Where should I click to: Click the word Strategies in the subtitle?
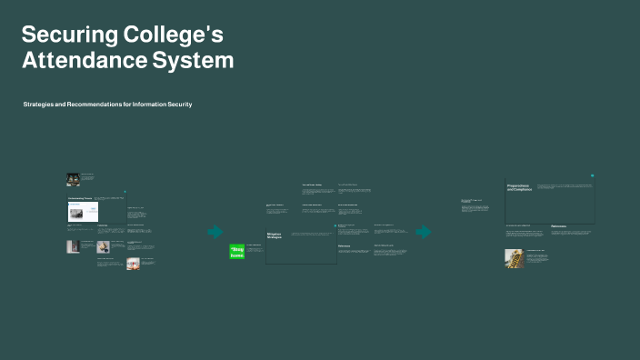pyautogui.click(x=41, y=105)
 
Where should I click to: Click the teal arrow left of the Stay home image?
pyautogui.click(x=215, y=232)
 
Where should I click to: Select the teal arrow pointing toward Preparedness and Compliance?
pyautogui.click(x=424, y=232)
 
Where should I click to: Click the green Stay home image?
pyautogui.click(x=237, y=252)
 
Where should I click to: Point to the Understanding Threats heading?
pyautogui.click(x=80, y=198)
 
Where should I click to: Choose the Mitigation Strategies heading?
pyautogui.click(x=275, y=235)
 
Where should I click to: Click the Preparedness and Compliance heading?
pyautogui.click(x=519, y=187)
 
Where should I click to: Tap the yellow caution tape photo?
pyautogui.click(x=514, y=258)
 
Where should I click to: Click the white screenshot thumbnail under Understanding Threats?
pyautogui.click(x=83, y=212)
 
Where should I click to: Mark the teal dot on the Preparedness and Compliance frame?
pyautogui.click(x=592, y=176)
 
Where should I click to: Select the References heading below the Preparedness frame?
pyautogui.click(x=558, y=226)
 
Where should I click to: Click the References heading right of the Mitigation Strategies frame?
pyautogui.click(x=345, y=245)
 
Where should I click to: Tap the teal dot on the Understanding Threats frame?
pyautogui.click(x=125, y=192)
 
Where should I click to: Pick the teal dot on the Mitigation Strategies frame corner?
pyautogui.click(x=335, y=225)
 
